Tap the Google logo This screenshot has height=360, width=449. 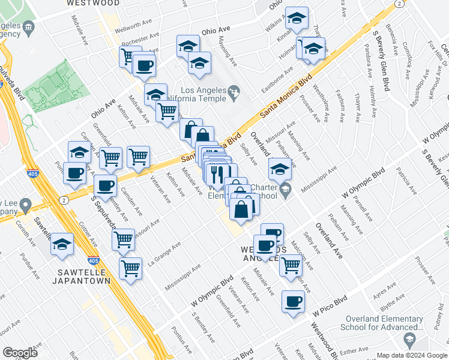(x=20, y=353)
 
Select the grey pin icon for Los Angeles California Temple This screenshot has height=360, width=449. (x=234, y=91)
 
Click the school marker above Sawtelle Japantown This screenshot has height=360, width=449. (x=62, y=244)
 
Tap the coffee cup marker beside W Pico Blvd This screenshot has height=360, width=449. (x=293, y=302)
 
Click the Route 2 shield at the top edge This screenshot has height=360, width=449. (x=399, y=4)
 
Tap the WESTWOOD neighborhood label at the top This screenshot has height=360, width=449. (x=93, y=3)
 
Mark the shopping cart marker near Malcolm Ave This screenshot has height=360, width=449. (x=291, y=265)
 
